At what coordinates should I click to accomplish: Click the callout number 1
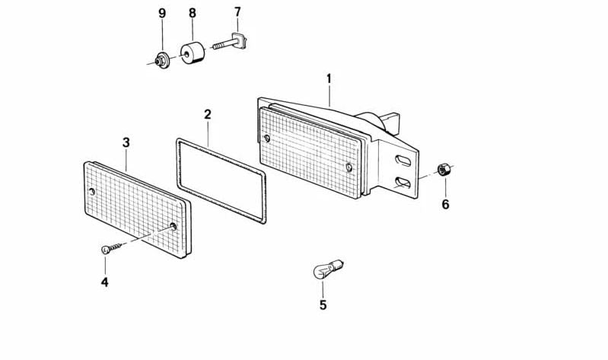[x=329, y=78]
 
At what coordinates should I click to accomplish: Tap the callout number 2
[x=208, y=114]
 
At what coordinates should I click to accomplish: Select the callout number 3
[x=126, y=143]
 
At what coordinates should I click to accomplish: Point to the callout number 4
[x=105, y=282]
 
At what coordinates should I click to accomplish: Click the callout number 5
[x=323, y=305]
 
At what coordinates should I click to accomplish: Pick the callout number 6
[x=445, y=204]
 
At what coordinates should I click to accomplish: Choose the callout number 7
[x=237, y=12]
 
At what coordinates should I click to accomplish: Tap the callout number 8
[x=193, y=13]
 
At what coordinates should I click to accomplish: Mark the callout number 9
[x=162, y=13]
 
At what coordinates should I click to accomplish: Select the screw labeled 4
[x=111, y=248]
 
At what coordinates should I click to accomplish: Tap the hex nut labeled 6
[x=442, y=170]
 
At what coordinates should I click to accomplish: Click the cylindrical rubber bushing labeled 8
[x=193, y=53]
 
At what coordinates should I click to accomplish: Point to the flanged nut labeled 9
[x=161, y=59]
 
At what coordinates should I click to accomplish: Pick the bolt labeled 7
[x=230, y=42]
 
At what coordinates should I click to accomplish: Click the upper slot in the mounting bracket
[x=403, y=161]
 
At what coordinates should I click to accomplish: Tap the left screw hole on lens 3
[x=92, y=191]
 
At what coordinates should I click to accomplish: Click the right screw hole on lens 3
[x=173, y=226]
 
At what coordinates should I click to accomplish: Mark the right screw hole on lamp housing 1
[x=349, y=167]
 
